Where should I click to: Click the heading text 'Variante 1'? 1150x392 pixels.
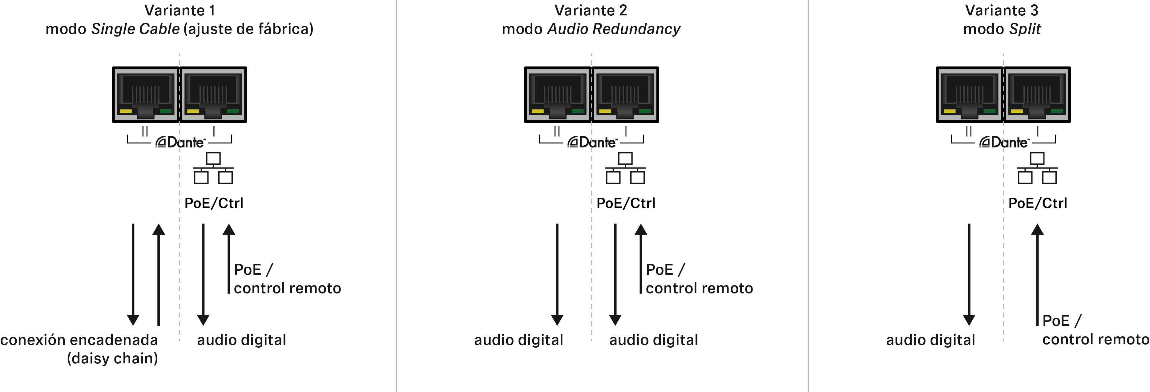pyautogui.click(x=180, y=10)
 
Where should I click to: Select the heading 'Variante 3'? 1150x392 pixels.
pyautogui.click(x=1002, y=10)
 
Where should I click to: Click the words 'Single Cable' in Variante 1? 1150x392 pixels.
pyautogui.click(x=135, y=29)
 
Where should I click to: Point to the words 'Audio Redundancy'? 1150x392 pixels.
pyautogui.click(x=614, y=29)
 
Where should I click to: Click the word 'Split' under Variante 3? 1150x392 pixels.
pyautogui.click(x=1025, y=29)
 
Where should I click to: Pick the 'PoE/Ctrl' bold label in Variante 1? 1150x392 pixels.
pyautogui.click(x=214, y=203)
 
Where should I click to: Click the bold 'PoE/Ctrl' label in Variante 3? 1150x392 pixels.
pyautogui.click(x=1038, y=203)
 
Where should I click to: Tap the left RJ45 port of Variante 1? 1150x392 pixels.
pyautogui.click(x=146, y=95)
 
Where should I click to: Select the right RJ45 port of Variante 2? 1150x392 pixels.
pyautogui.click(x=625, y=95)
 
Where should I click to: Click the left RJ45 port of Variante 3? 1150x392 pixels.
pyautogui.click(x=970, y=95)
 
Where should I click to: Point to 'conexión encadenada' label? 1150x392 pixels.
pyautogui.click(x=79, y=340)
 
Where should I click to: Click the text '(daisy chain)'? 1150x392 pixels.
pyautogui.click(x=112, y=358)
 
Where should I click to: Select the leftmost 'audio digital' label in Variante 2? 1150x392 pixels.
pyautogui.click(x=519, y=340)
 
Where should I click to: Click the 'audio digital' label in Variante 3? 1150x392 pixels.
pyautogui.click(x=931, y=340)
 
